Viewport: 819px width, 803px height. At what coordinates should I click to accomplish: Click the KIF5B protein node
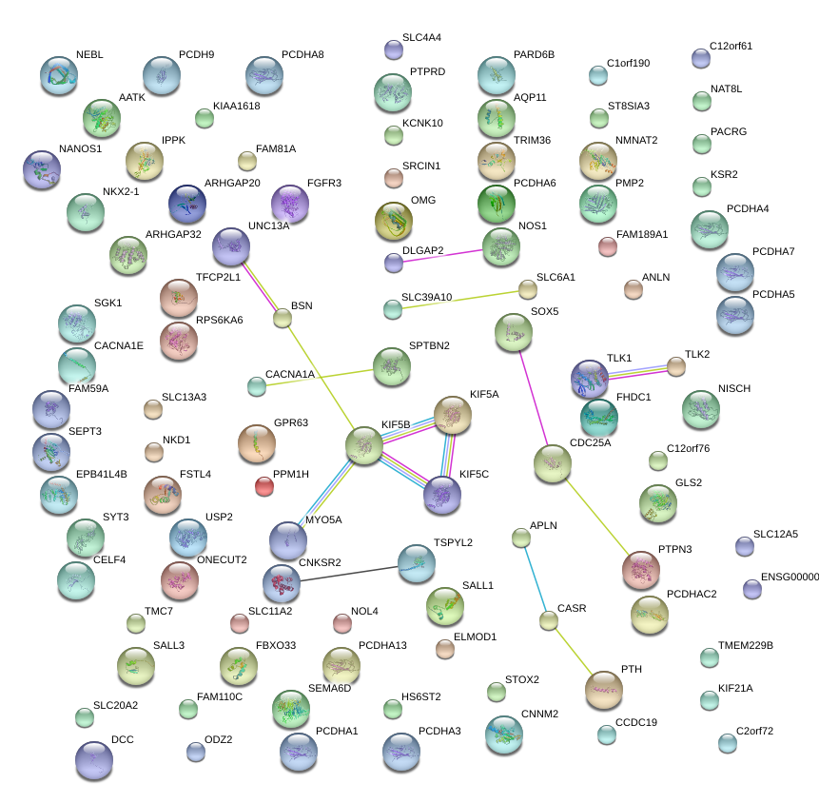[x=363, y=443]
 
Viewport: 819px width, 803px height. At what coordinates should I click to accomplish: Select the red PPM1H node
[x=264, y=487]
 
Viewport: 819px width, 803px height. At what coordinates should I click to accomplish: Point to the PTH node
[x=603, y=690]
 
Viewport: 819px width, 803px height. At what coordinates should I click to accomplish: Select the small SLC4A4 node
[x=393, y=49]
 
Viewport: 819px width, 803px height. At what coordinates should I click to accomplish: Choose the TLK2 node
[x=675, y=366]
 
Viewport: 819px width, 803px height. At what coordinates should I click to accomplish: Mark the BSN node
[x=282, y=318]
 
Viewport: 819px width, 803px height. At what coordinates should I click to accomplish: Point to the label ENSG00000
[x=789, y=577]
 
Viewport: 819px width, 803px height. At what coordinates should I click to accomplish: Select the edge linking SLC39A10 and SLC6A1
[x=459, y=299]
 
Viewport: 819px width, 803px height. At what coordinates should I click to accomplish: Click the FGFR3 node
[x=290, y=203]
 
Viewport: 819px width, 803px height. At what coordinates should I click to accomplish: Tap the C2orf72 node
[x=727, y=743]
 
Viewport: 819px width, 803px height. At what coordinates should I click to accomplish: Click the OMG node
[x=394, y=222]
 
